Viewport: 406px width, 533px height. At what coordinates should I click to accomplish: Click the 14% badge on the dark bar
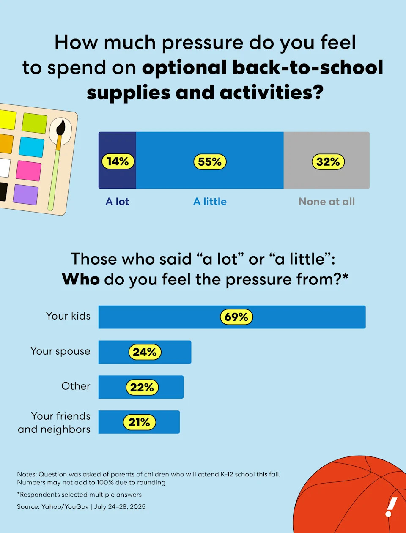118,161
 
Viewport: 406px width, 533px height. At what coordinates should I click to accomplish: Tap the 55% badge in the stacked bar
210,162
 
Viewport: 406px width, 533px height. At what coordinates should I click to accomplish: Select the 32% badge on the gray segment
328,162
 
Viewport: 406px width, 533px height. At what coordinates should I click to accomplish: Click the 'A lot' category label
117,202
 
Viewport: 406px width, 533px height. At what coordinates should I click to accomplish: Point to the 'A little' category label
210,202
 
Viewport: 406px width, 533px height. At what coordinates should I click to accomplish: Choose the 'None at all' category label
326,202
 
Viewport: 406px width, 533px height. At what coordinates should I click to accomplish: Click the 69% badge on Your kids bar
236,317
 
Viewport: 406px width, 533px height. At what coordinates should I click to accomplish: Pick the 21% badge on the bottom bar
139,422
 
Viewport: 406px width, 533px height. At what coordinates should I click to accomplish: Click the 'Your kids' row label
68,316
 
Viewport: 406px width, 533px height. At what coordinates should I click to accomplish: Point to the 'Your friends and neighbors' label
54,423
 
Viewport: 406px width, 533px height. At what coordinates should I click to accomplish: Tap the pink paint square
28,170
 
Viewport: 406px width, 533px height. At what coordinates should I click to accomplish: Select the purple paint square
25,194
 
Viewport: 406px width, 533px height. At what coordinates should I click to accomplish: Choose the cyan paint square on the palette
31,147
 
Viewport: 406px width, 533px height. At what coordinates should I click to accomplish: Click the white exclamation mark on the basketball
391,507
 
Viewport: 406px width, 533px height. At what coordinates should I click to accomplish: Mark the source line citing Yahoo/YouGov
81,507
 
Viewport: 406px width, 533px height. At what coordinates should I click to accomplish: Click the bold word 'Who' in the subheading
80,279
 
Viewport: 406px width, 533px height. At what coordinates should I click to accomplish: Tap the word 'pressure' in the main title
203,43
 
